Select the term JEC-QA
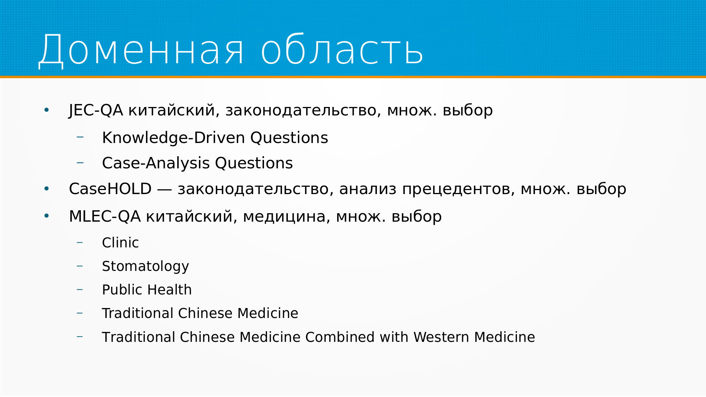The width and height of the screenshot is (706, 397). tap(96, 111)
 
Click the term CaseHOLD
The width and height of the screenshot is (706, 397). tap(110, 189)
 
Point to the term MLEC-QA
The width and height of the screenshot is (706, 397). tap(105, 217)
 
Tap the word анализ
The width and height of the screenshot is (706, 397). tap(368, 190)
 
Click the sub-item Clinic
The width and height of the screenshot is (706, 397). tap(120, 243)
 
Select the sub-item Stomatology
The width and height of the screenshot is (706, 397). tap(145, 267)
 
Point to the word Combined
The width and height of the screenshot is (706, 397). tap(340, 337)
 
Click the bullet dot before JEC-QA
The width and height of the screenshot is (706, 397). tap(46, 110)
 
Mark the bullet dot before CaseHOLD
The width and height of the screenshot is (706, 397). tap(46, 189)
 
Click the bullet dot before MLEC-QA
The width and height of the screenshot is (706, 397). tap(46, 216)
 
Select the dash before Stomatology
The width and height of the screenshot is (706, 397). tap(80, 266)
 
